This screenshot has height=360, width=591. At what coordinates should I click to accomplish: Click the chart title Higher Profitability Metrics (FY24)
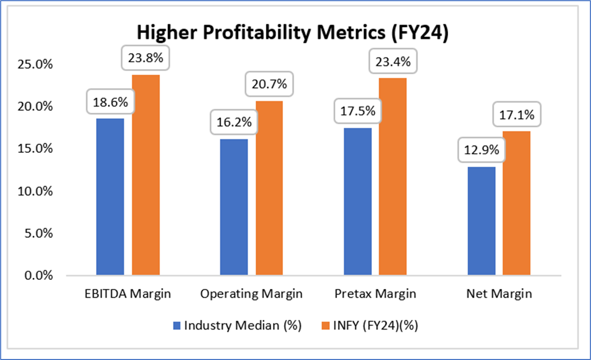pos(292,34)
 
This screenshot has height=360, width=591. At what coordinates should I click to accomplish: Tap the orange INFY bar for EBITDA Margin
pos(146,175)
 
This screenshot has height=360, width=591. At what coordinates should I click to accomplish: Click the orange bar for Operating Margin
pos(269,188)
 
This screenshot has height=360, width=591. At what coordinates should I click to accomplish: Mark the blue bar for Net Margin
pos(481,221)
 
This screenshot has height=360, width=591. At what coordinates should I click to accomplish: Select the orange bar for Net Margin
pos(517,203)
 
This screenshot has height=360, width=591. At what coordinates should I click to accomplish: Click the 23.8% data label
pos(145,58)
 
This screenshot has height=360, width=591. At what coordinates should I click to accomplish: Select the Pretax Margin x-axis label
pos(375,294)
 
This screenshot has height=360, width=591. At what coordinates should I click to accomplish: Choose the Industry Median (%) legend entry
pos(237,326)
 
